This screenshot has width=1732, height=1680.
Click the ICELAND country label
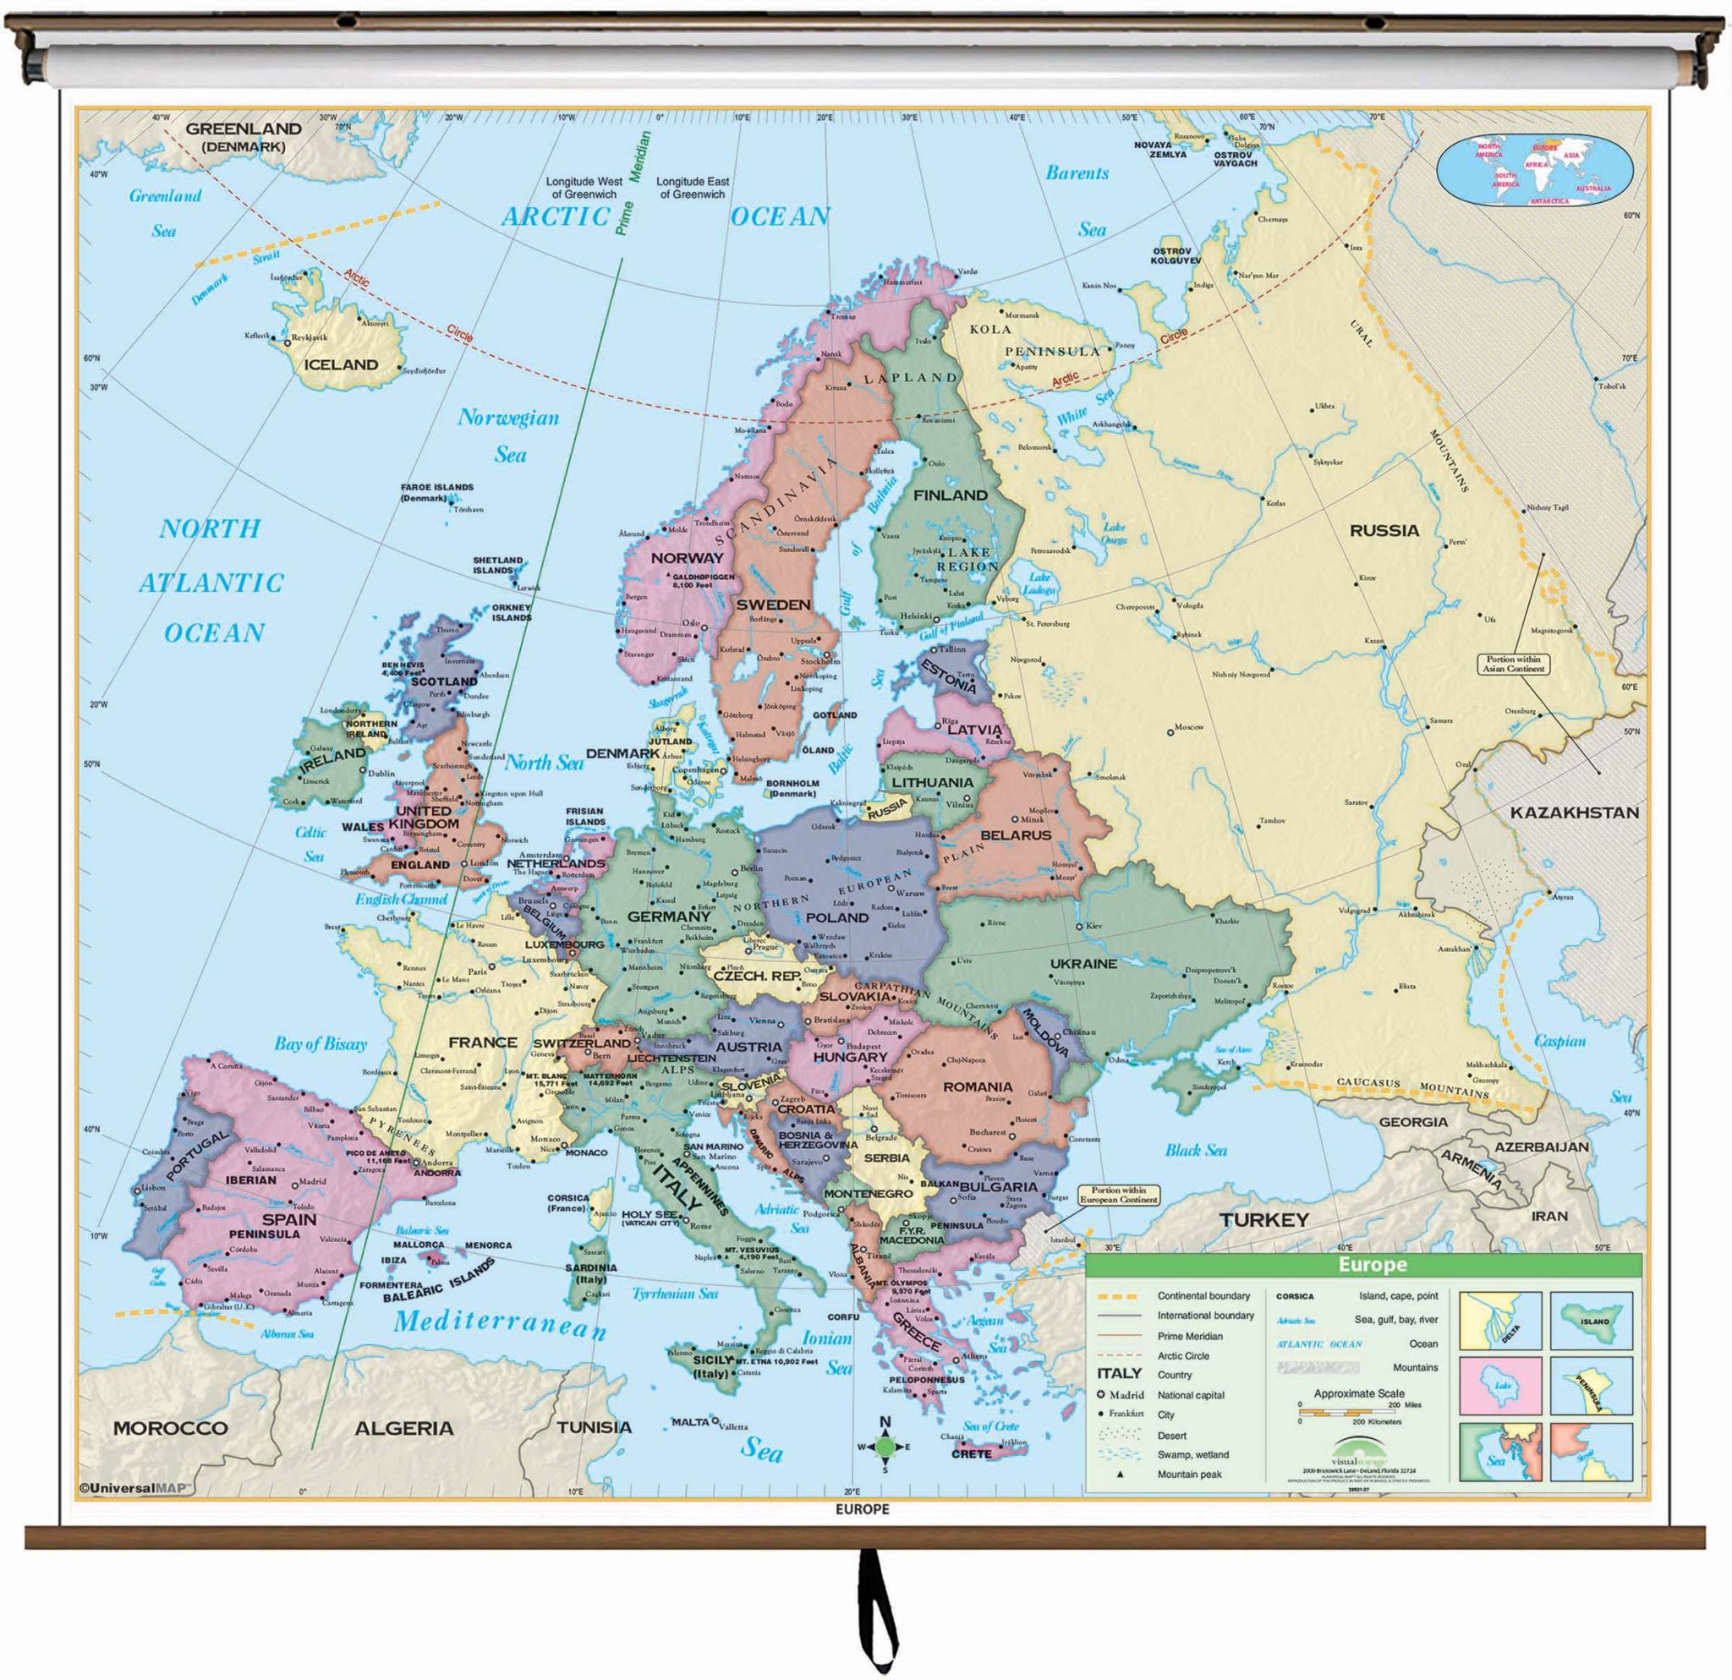(340, 364)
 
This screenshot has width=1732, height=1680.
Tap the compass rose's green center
(885, 1447)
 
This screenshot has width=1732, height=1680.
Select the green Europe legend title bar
(1372, 1265)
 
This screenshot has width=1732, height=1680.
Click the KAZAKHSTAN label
(1574, 813)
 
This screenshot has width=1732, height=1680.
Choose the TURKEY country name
(1263, 1220)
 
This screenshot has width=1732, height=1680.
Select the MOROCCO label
(171, 1428)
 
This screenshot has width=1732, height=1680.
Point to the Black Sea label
(1196, 1150)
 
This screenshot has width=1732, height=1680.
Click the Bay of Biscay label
(320, 1044)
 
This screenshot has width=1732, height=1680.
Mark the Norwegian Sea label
(509, 435)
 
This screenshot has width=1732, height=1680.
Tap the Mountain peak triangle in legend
(1121, 1475)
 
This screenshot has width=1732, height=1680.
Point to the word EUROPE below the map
(862, 1509)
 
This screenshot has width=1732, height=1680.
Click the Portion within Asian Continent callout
(1513, 665)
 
